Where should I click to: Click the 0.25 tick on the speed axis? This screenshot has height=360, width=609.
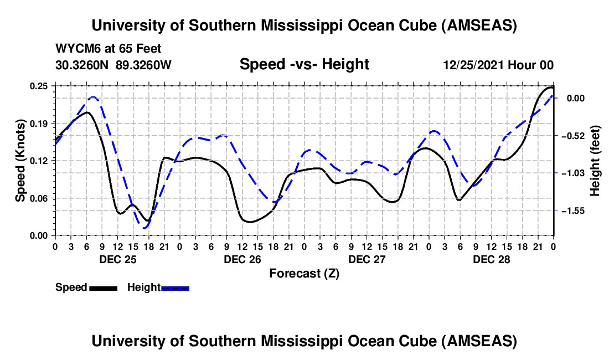(x=39, y=86)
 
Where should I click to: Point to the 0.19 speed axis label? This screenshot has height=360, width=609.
(x=39, y=123)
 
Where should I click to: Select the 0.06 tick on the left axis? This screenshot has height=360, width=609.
(x=39, y=198)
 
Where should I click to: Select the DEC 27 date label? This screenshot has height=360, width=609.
(x=367, y=259)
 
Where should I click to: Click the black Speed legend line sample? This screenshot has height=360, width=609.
(x=103, y=287)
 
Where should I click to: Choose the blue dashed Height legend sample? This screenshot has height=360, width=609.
(x=175, y=287)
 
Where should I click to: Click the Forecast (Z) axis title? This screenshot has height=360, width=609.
(x=304, y=273)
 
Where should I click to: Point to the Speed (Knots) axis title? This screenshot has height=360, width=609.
(x=20, y=161)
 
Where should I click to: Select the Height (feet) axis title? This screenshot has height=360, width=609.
(x=595, y=161)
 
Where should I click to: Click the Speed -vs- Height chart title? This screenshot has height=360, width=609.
(x=304, y=65)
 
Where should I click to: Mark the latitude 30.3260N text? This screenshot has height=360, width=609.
(x=82, y=65)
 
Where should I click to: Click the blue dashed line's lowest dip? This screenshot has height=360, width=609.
(x=145, y=228)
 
